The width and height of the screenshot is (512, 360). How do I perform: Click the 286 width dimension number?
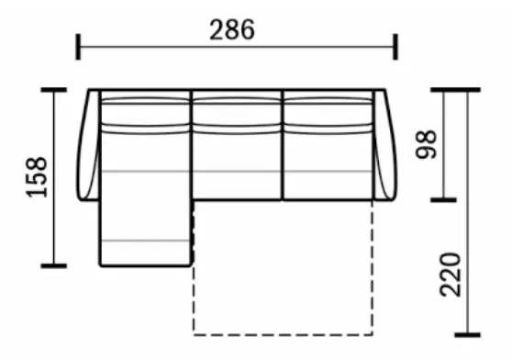(232, 29)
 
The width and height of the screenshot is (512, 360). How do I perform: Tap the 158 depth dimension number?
(37, 177)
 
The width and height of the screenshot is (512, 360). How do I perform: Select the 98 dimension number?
(426, 144)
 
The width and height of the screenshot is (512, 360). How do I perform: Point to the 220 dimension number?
(451, 275)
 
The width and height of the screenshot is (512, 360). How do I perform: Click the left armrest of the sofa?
(88, 144)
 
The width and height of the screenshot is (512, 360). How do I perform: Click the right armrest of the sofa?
(384, 144)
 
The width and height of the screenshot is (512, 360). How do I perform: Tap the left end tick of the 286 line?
(78, 47)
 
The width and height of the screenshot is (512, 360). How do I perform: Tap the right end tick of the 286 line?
(395, 47)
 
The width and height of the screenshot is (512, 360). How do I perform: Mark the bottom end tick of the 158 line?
(54, 266)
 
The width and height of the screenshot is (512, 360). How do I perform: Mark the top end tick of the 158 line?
(54, 89)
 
